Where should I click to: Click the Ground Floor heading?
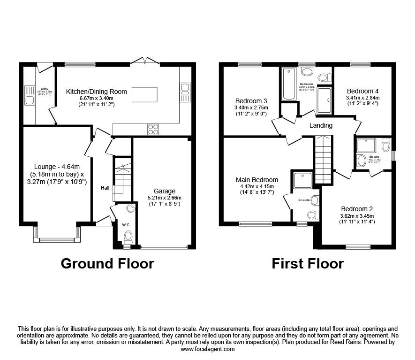click(107, 264)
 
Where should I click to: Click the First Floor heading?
click(308, 264)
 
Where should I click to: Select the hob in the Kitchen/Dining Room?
click(153, 129)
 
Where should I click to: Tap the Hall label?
click(105, 188)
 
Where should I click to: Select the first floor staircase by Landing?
click(322, 160)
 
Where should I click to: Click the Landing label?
click(321, 125)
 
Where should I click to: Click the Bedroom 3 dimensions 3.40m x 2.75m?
click(252, 107)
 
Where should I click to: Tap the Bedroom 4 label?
click(362, 91)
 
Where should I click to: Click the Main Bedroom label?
click(257, 180)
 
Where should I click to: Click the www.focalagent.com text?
click(207, 349)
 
